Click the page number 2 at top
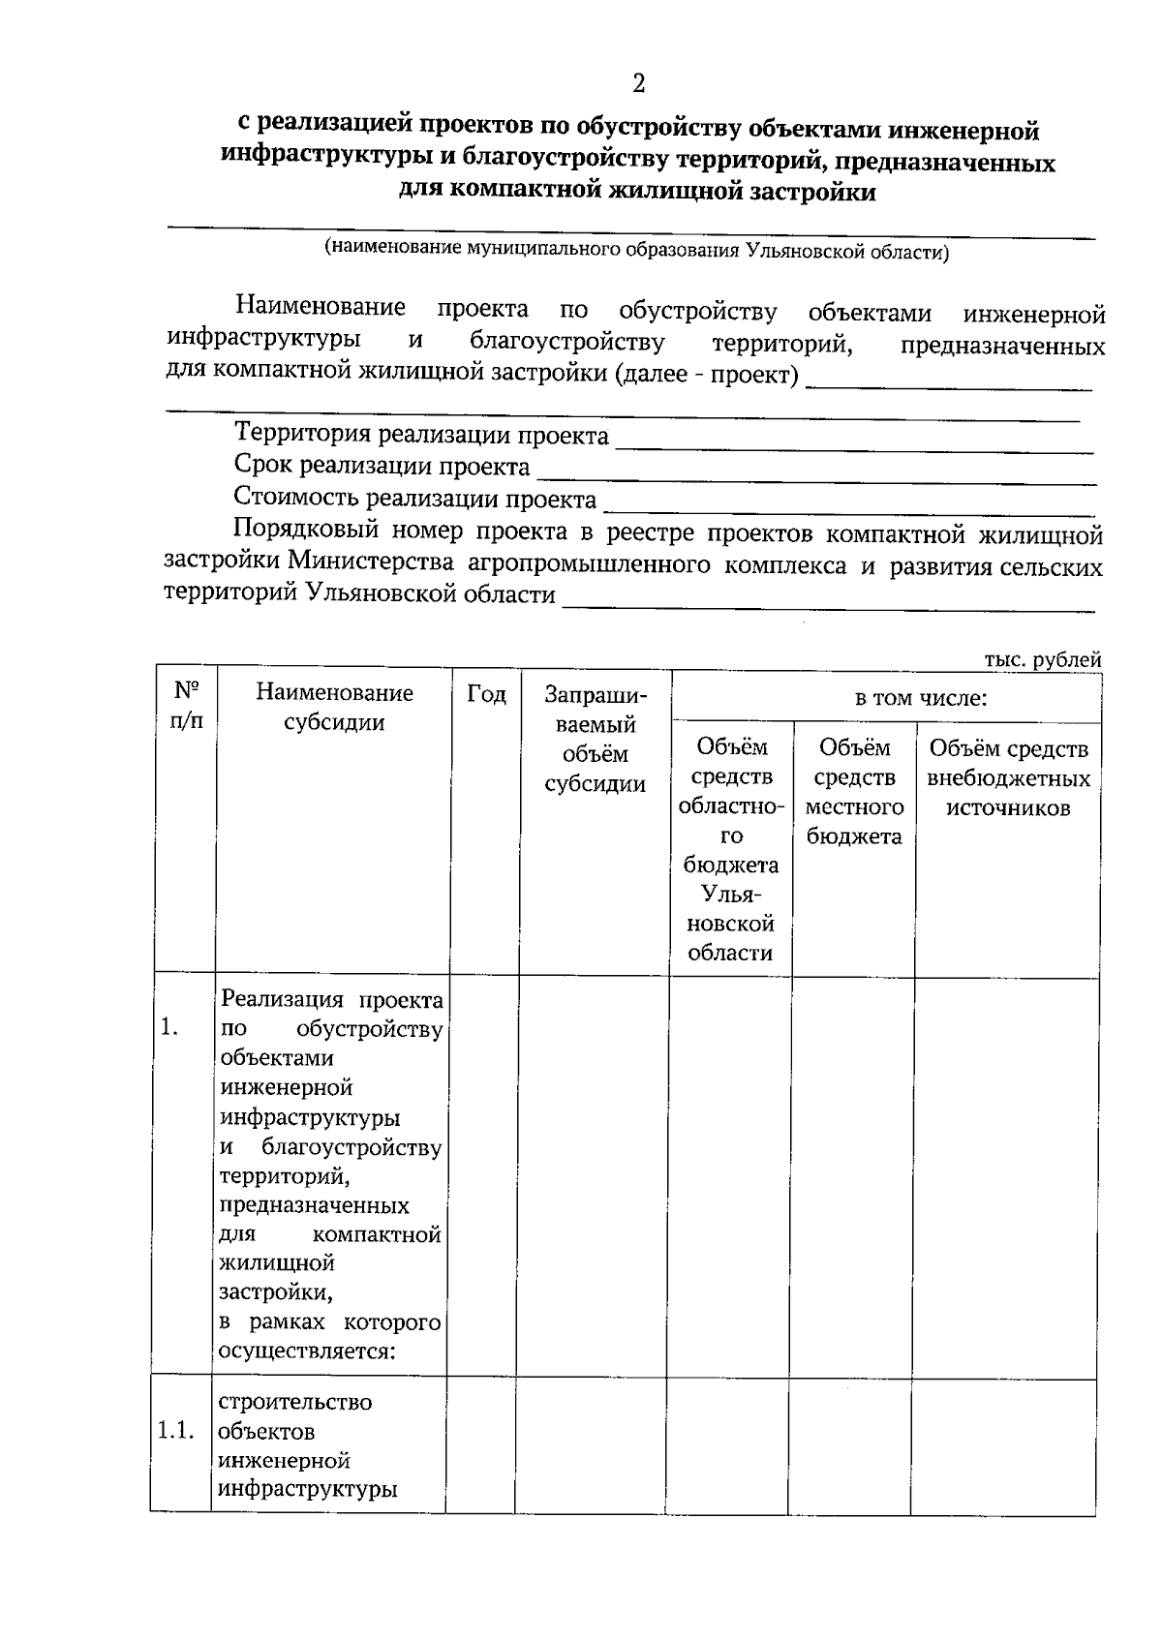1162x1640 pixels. click(x=638, y=84)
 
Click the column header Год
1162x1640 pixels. click(x=486, y=694)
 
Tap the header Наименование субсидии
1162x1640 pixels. click(x=334, y=708)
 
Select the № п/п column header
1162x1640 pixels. click(x=187, y=706)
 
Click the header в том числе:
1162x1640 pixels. click(x=920, y=698)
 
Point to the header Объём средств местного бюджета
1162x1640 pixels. click(x=854, y=791)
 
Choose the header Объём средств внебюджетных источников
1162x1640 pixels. click(x=1008, y=777)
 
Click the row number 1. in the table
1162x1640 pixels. click(x=169, y=1027)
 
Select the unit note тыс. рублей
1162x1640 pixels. click(x=1043, y=660)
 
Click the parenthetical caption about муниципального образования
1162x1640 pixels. click(x=636, y=251)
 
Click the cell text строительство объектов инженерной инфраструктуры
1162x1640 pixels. click(x=308, y=1445)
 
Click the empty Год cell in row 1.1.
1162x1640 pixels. click(x=480, y=1444)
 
